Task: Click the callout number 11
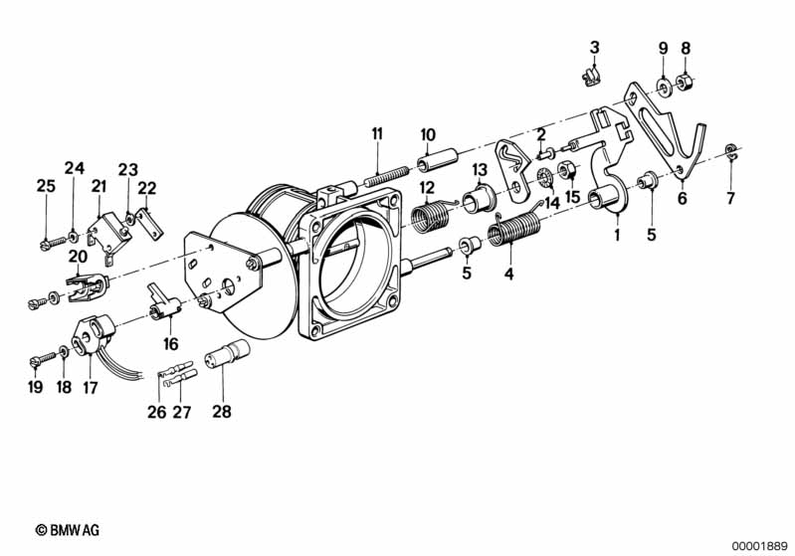point(377,134)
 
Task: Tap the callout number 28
point(222,412)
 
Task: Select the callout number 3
point(594,48)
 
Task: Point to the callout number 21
point(99,187)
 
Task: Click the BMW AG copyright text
point(68,531)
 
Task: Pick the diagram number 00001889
point(760,547)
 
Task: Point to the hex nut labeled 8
point(685,81)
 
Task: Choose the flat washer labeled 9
point(664,87)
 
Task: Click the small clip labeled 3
point(591,77)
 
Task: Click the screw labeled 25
point(53,242)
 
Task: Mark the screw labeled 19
point(43,359)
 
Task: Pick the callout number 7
point(730,198)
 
